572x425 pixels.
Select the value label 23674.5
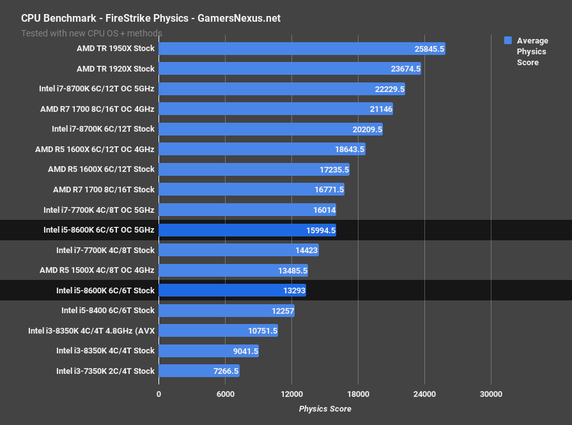pos(401,68)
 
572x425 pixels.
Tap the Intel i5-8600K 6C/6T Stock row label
pos(105,290)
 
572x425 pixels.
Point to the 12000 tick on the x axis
pos(291,394)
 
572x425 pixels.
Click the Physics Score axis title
pos(325,408)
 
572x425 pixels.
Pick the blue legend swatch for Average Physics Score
pos(508,40)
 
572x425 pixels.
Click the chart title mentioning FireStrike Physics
pos(151,19)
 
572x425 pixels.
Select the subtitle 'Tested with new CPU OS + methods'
pos(92,33)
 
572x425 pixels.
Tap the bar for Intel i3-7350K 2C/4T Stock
pos(199,371)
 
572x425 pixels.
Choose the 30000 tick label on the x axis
pos(491,394)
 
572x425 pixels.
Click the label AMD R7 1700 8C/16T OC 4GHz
pos(97,109)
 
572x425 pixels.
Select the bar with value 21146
pos(275,109)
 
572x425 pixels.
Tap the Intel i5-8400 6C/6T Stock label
pos(108,311)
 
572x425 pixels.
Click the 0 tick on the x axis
pos(158,394)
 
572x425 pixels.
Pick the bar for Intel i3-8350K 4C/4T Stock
pos(208,351)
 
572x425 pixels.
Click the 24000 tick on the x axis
pos(424,394)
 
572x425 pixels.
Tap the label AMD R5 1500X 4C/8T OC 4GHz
pos(97,270)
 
